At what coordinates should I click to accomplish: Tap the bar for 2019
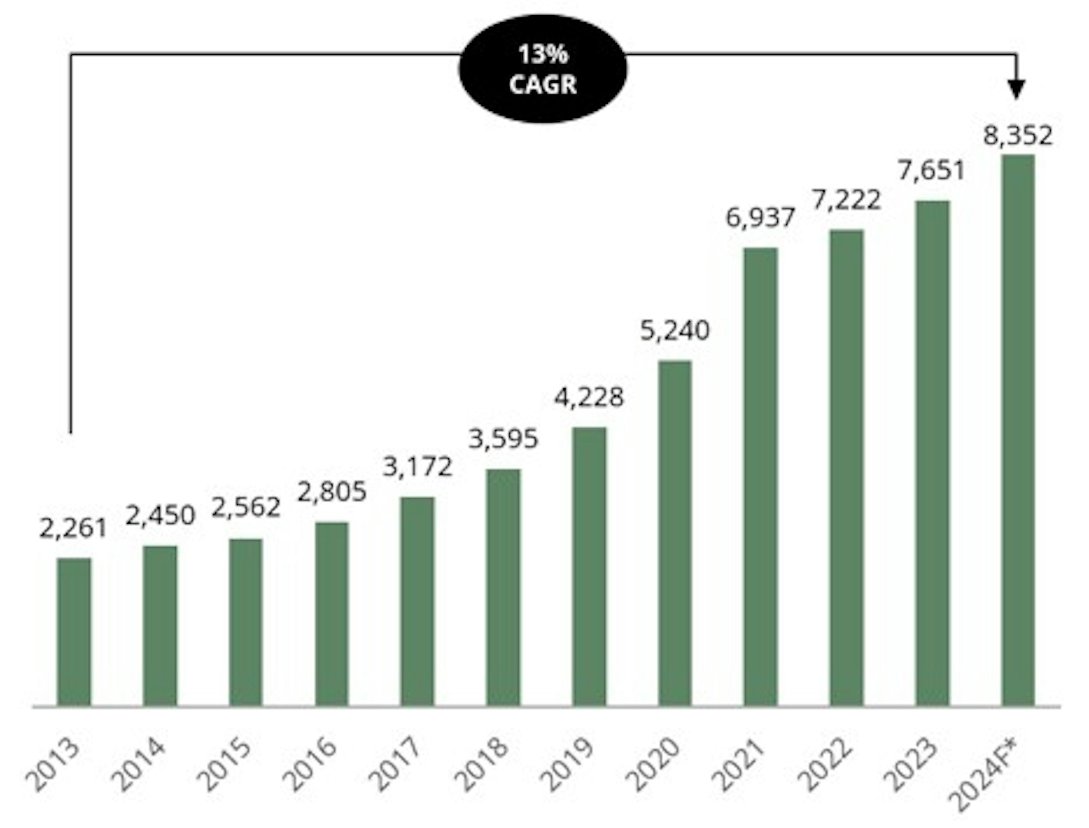(x=589, y=567)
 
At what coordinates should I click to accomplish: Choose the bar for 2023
(x=932, y=453)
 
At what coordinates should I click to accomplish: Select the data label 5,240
(x=675, y=330)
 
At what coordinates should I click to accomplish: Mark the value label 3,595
(x=503, y=439)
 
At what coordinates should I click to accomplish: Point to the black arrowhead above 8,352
(x=1016, y=90)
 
